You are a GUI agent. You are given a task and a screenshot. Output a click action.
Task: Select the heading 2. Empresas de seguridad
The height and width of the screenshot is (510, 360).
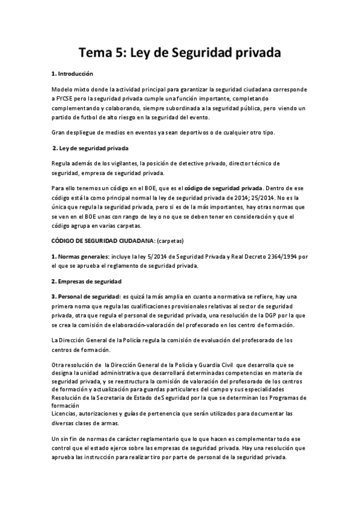coord(87,281)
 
